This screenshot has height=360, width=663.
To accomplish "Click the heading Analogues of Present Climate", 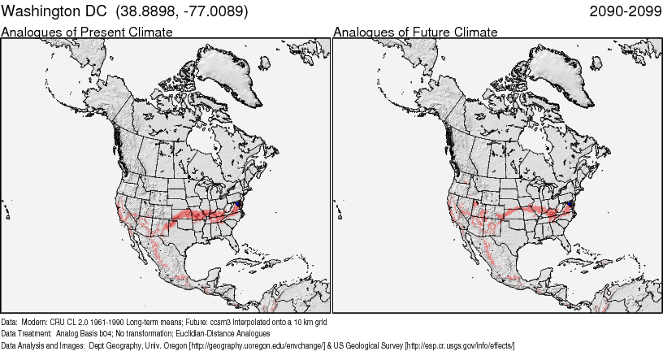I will pos(87,33).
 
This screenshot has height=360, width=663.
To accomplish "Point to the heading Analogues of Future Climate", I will pos(415,33).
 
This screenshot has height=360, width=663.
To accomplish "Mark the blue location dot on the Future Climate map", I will pos(572,204).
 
